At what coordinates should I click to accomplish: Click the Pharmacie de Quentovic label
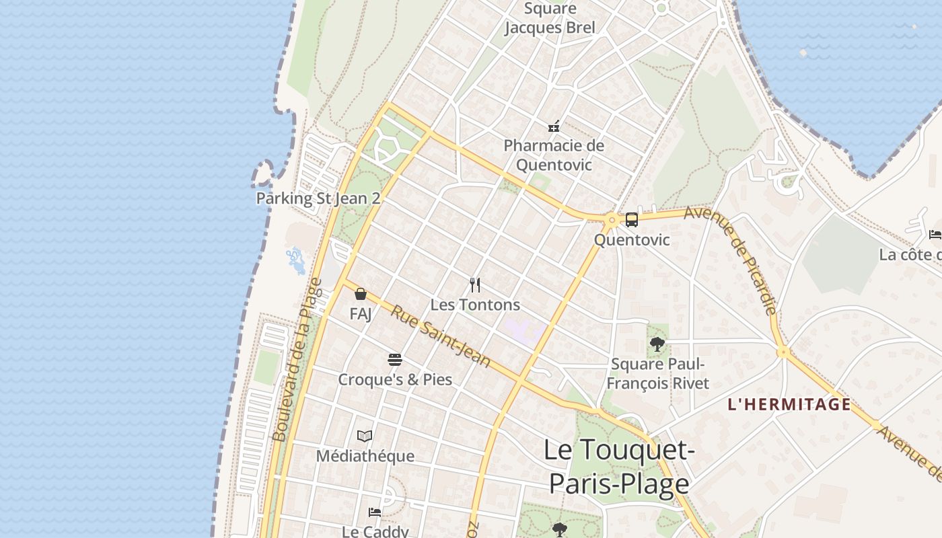(554, 155)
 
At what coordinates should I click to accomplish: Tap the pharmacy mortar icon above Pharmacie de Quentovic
(554, 126)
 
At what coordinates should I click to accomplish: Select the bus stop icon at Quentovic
(631, 219)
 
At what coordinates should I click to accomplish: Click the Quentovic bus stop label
(632, 240)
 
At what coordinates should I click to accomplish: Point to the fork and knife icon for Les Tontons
(475, 285)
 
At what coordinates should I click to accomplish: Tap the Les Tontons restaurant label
(475, 305)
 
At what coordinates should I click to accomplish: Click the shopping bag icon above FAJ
(361, 294)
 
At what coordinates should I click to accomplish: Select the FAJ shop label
(361, 314)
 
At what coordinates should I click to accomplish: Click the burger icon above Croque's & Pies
(395, 360)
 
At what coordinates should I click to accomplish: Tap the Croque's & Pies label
(395, 380)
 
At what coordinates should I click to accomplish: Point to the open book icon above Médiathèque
(365, 436)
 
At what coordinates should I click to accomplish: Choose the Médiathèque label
(365, 456)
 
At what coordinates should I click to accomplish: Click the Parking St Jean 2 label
(318, 198)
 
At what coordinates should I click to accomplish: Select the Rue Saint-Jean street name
(441, 336)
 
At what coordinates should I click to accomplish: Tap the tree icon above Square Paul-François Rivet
(657, 345)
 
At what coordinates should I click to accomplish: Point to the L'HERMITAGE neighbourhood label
(789, 405)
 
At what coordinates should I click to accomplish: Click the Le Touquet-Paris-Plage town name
(619, 467)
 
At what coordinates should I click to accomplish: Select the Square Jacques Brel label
(550, 18)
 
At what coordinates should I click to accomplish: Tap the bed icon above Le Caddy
(375, 512)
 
